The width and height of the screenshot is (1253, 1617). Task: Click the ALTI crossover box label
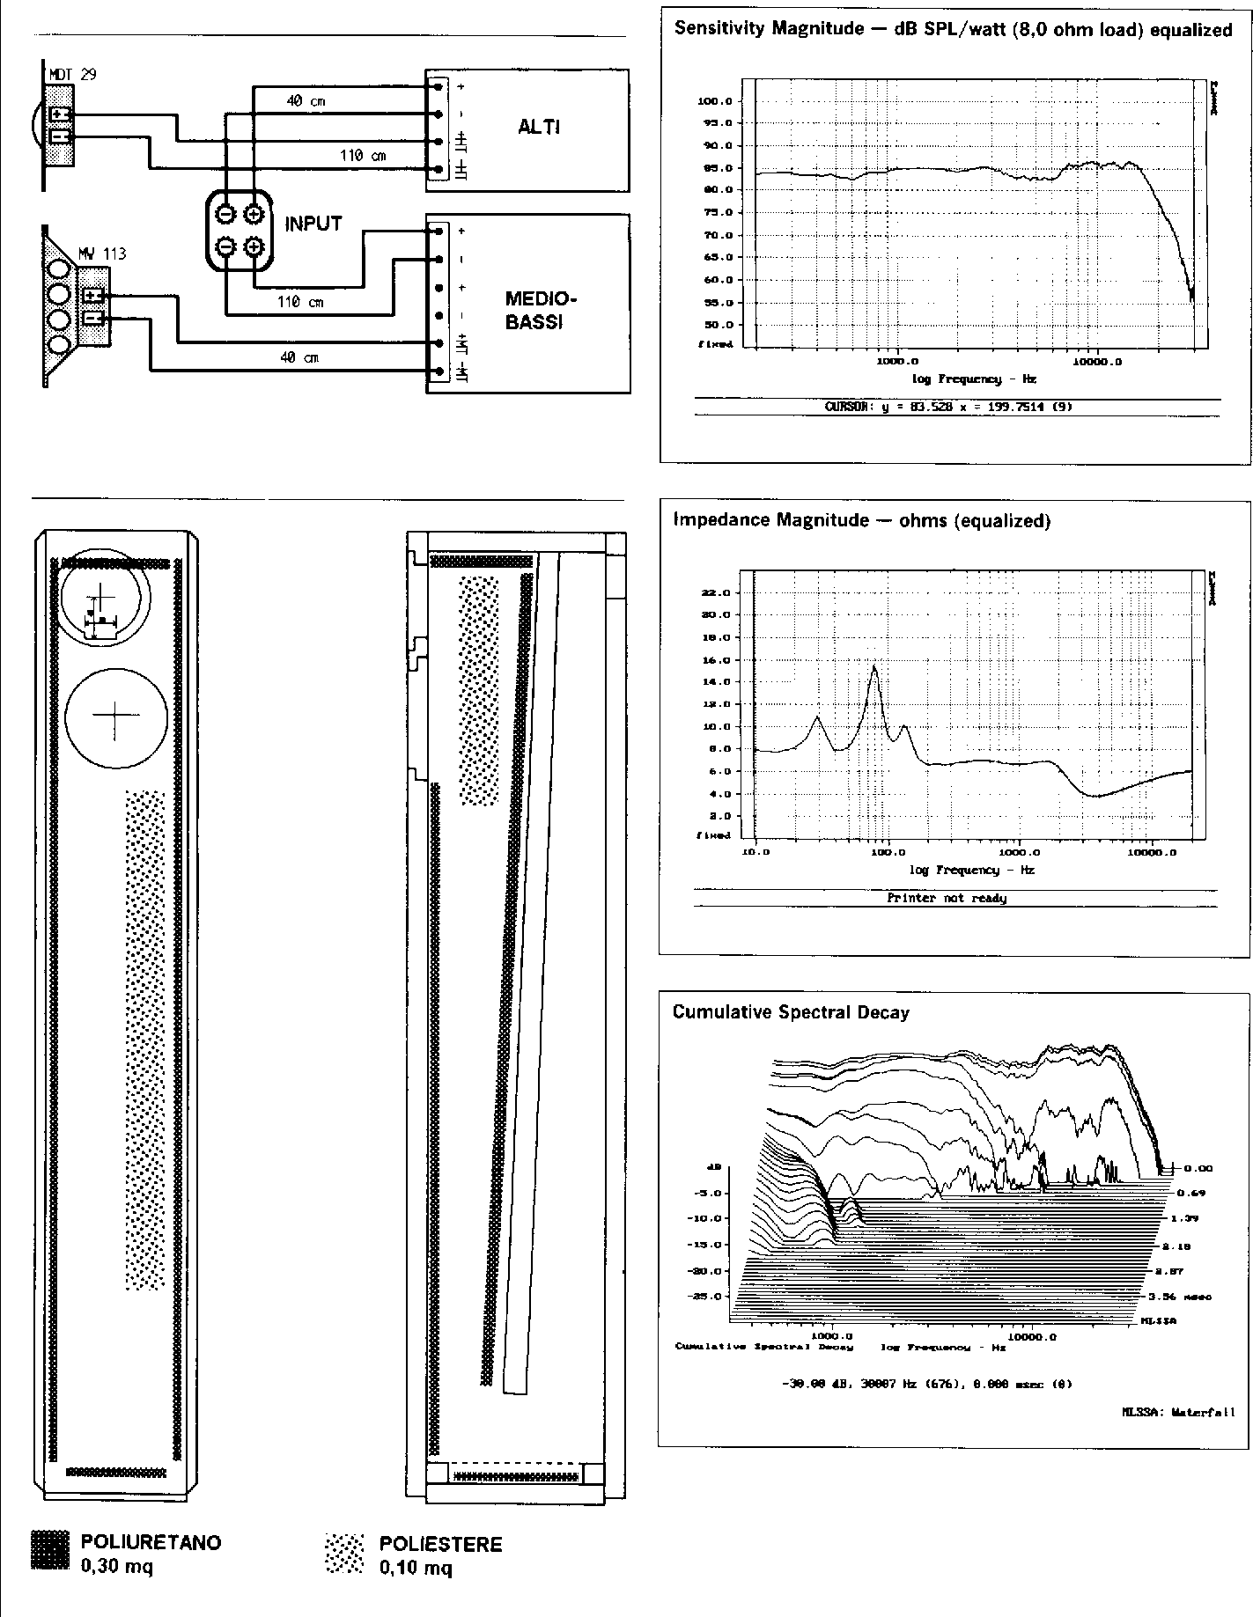tap(539, 127)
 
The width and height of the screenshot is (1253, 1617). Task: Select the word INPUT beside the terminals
tap(313, 224)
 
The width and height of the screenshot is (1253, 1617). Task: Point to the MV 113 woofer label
tap(101, 254)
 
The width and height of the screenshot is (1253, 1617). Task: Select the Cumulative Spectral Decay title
tap(790, 1012)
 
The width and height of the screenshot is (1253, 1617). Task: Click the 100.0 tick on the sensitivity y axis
tap(714, 101)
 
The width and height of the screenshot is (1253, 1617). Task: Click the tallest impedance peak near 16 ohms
tap(874, 666)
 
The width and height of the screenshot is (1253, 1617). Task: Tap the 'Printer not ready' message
tap(947, 899)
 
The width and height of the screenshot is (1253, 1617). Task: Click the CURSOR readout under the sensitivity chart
tap(947, 407)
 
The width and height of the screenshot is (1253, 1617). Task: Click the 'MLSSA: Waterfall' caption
tap(1178, 1413)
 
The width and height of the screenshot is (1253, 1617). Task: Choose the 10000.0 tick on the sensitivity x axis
tap(1100, 361)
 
